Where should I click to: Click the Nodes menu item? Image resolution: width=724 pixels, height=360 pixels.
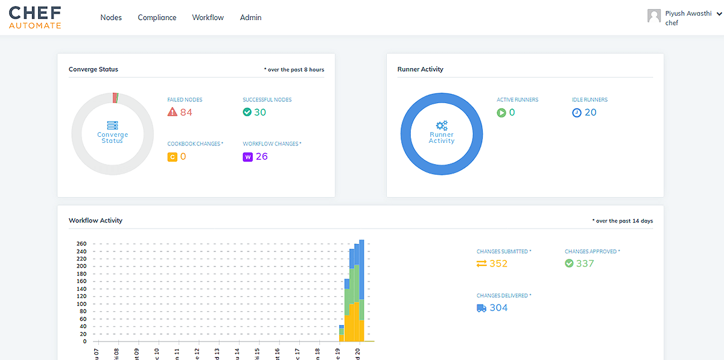111,17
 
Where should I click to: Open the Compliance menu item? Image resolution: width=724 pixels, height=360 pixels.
157,17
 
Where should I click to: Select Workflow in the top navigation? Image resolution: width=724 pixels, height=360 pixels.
208,17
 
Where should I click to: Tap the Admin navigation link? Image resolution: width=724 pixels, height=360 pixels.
250,17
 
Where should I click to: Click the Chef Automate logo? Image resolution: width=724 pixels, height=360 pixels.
35,17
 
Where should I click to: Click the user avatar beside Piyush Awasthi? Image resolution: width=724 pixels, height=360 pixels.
654,16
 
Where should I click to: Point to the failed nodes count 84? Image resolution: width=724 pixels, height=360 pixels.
186,112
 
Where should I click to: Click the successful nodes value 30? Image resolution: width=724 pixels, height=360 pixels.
260,112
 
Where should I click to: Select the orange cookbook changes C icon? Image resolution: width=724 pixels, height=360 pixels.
172,157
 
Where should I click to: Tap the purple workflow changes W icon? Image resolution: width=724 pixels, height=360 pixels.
247,157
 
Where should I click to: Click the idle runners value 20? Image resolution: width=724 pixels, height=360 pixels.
590,112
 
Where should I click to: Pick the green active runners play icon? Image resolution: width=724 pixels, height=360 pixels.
501,112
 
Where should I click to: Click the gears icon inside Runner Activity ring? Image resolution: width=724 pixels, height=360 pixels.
442,125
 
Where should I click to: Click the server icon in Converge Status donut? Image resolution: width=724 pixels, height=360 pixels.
112,125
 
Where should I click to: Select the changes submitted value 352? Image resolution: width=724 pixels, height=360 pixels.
498,264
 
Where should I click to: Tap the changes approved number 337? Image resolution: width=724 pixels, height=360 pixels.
585,264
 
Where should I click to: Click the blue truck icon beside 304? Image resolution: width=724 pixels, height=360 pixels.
481,308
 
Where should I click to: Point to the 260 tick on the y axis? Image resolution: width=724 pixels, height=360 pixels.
81,244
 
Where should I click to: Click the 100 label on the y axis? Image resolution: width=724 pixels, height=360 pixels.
81,304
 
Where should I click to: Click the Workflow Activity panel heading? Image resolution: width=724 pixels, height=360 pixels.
95,220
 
